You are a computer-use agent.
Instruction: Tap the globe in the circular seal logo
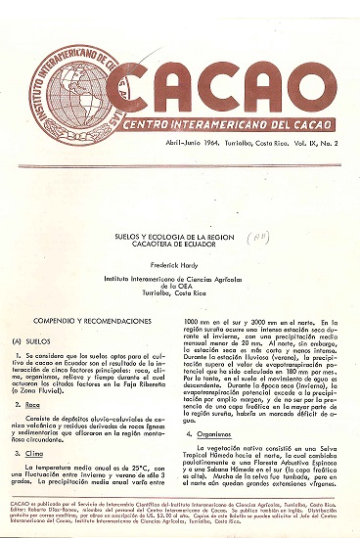pyautogui.click(x=69, y=81)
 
